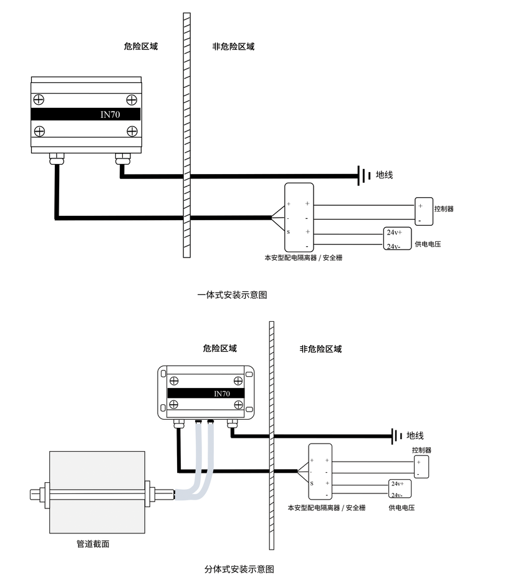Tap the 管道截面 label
tap(93, 544)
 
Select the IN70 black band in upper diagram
tap(85, 115)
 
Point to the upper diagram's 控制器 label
tap(443, 209)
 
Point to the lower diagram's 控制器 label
tap(421, 450)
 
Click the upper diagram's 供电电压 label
tap(428, 244)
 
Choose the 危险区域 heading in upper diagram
tap(140, 47)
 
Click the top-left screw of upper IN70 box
tap(39, 99)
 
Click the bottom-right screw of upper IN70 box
tap(132, 130)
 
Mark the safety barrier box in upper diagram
tap(299, 217)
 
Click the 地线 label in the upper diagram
tap(384, 175)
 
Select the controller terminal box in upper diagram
tap(423, 213)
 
